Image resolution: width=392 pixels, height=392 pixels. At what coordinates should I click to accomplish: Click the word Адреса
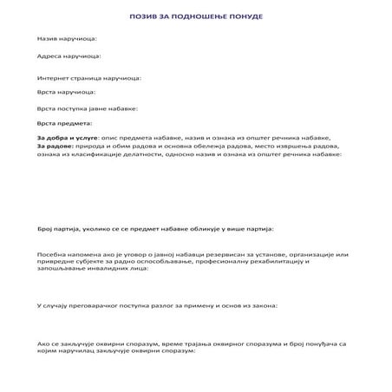pyautogui.click(x=49, y=56)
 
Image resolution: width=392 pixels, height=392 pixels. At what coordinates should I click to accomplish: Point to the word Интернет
pyautogui.click(x=54, y=77)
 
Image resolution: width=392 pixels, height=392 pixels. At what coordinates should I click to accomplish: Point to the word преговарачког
pyautogui.click(x=101, y=306)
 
